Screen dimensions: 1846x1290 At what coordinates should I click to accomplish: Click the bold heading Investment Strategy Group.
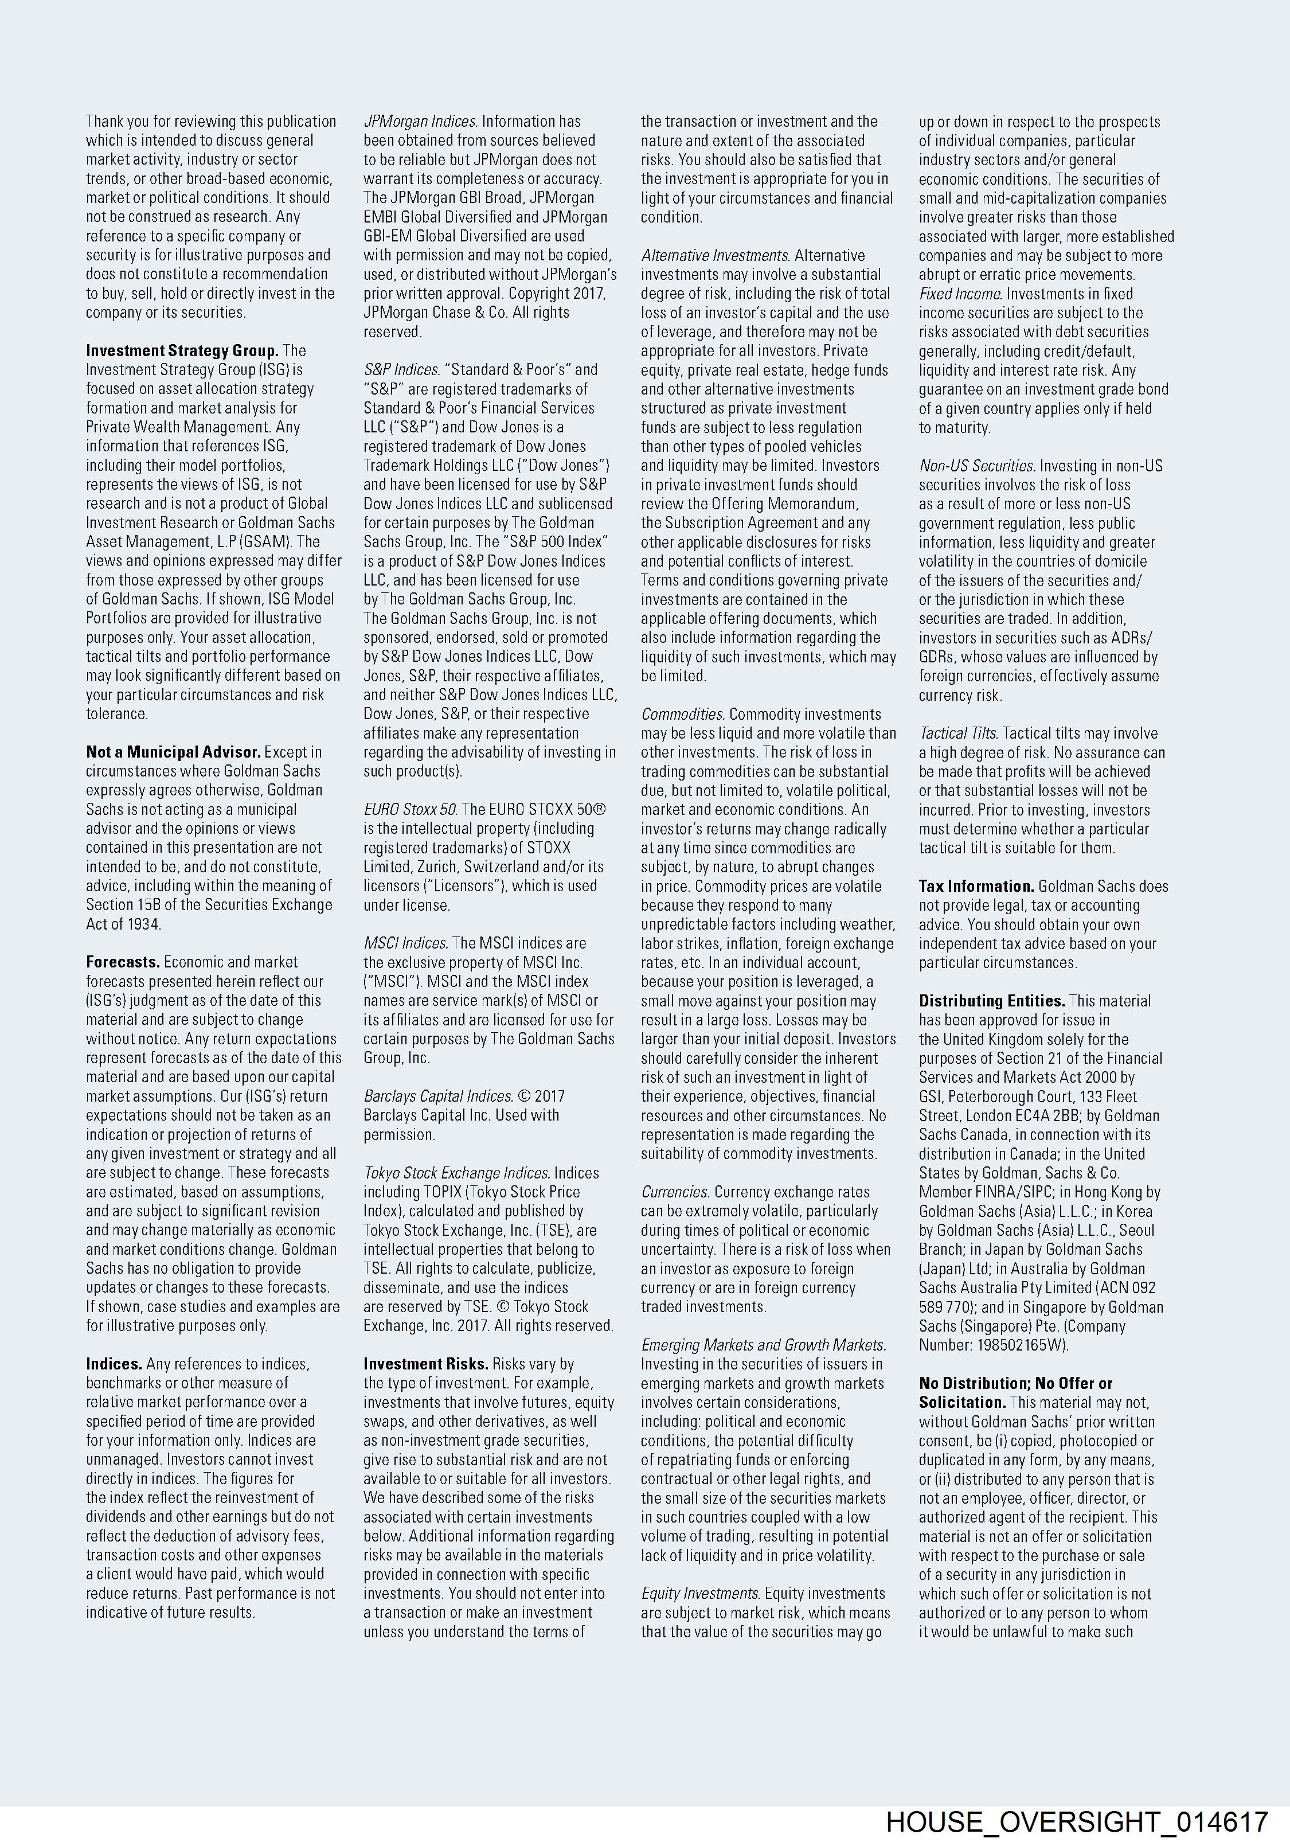[182, 350]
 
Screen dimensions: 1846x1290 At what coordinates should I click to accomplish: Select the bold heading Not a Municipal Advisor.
[173, 752]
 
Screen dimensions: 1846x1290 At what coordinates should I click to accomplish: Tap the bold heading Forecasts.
[123, 962]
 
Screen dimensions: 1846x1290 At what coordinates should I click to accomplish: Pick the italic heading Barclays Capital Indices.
[438, 1096]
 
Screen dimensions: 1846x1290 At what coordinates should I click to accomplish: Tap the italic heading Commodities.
[682, 714]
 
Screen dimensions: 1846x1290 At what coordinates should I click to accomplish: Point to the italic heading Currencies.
[675, 1192]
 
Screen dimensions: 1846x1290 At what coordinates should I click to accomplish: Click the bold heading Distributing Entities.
[992, 1001]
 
